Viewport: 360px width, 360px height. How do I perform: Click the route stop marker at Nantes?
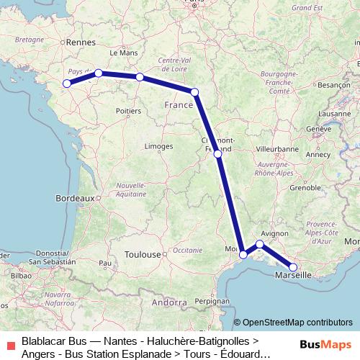pyautogui.click(x=66, y=84)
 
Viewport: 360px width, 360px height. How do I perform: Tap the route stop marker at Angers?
pyautogui.click(x=98, y=73)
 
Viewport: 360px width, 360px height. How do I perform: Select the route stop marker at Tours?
pyautogui.click(x=140, y=77)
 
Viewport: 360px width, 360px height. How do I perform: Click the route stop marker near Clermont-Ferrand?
pyautogui.click(x=217, y=153)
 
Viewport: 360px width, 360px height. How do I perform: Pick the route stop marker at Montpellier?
pyautogui.click(x=243, y=254)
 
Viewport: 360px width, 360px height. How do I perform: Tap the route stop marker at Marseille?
pyautogui.click(x=293, y=267)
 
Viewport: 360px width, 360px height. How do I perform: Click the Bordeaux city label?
pyautogui.click(x=75, y=197)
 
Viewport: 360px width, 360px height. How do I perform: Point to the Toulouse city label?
pyautogui.click(x=142, y=254)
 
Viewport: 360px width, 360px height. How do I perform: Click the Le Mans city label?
pyautogui.click(x=122, y=53)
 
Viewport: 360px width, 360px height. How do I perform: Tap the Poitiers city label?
pyautogui.click(x=127, y=112)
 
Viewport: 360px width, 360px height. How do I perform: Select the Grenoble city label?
pyautogui.click(x=304, y=187)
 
